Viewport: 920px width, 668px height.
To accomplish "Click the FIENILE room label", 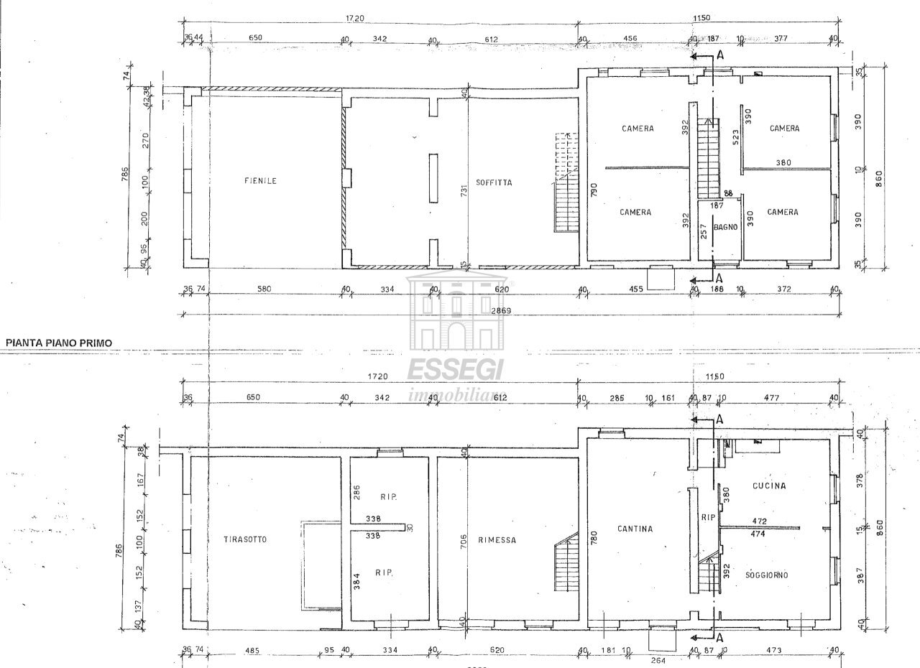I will coord(260,181).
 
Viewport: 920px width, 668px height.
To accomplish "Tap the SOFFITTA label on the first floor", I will coord(494,182).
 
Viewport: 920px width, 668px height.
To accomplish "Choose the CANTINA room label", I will coord(635,529).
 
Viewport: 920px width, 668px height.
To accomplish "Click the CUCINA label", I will coord(768,486).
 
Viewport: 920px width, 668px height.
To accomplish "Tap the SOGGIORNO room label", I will coord(767,575).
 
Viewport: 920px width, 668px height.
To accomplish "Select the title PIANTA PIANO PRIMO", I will coord(59,343).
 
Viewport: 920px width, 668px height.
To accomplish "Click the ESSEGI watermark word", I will coord(456,369).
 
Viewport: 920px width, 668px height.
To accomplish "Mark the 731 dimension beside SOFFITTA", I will coord(465,190).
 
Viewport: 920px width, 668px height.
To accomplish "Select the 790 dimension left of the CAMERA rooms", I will coord(594,190).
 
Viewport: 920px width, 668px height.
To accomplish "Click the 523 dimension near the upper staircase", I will coord(735,139).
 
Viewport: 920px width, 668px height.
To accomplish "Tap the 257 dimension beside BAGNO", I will coord(704,231).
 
